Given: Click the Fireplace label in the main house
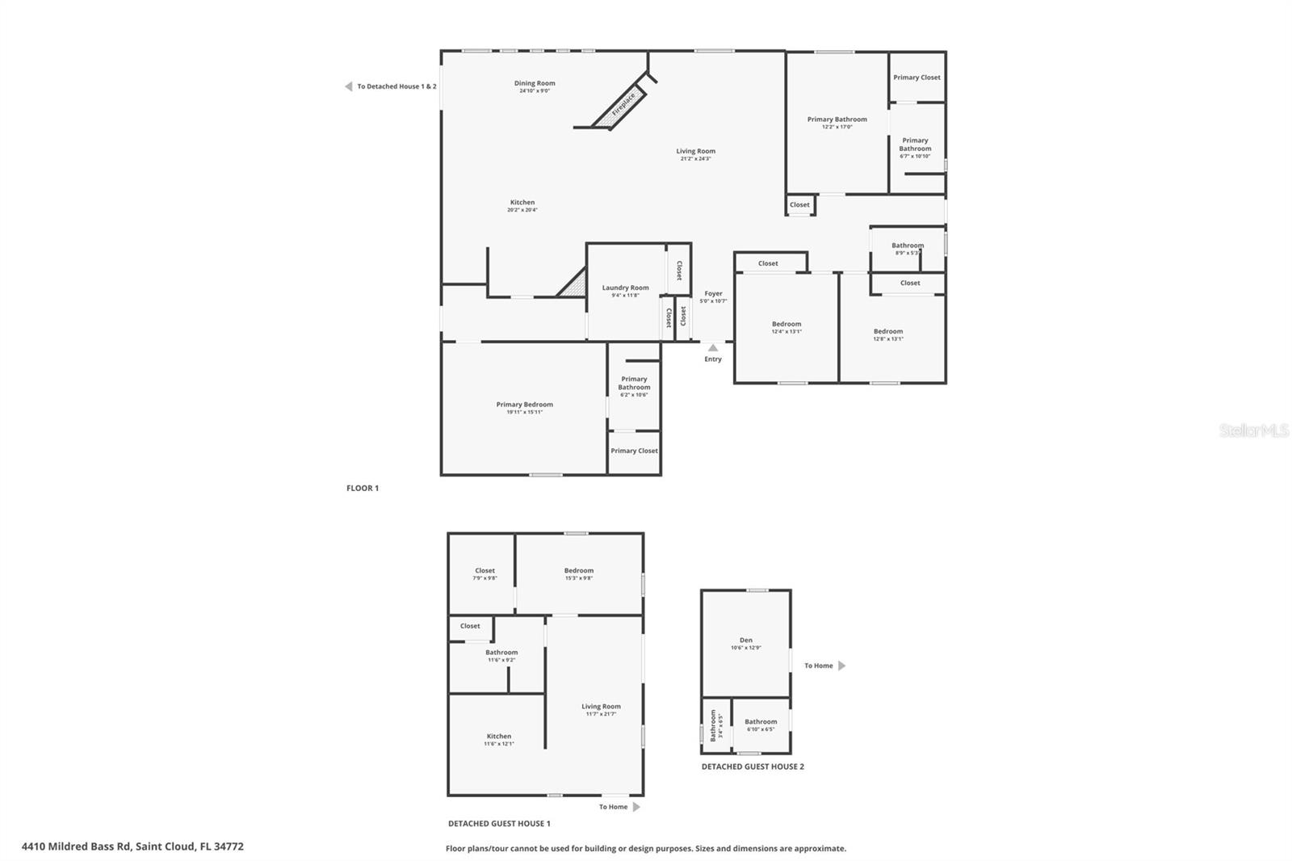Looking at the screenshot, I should [623, 103].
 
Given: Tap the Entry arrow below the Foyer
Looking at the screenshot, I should [712, 348].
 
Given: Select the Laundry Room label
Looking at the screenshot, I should [625, 288].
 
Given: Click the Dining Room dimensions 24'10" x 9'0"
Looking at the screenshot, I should [535, 90].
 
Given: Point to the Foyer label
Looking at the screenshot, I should [713, 293].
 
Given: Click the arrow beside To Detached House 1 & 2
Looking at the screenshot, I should [348, 86].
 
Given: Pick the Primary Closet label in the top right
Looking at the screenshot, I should [917, 78].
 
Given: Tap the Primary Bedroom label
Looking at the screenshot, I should [524, 404].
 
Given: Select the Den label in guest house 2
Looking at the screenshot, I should [745, 640].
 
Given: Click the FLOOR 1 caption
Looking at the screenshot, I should [363, 488].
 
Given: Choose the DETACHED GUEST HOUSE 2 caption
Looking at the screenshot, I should [753, 766].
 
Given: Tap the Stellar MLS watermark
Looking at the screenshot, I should [1253, 430].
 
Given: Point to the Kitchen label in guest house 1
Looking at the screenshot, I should [498, 736].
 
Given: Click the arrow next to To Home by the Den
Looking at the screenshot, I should [841, 666].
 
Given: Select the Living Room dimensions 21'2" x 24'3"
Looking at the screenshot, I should [695, 158].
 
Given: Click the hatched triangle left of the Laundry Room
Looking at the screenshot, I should [574, 284].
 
